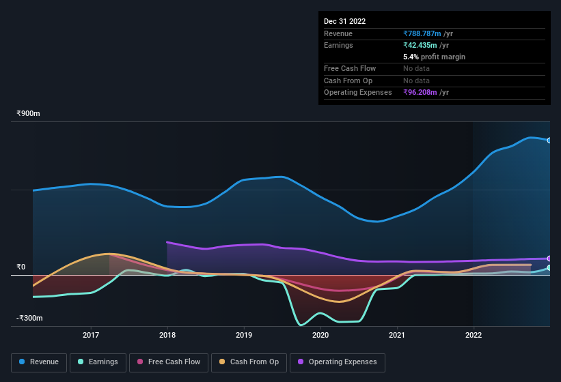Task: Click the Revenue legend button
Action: (40, 362)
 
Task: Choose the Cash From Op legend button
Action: (249, 362)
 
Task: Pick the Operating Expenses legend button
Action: (338, 362)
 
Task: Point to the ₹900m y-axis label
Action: (29, 114)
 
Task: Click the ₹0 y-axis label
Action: (21, 267)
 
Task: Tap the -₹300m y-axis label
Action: (30, 319)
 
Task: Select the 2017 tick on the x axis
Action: (91, 335)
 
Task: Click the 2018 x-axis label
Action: (167, 335)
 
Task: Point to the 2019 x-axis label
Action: (244, 335)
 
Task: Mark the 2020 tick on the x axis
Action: (320, 335)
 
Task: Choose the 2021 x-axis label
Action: (397, 335)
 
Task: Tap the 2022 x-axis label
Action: (474, 335)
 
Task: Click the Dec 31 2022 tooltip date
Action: (345, 21)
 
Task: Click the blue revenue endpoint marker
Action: (549, 141)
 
